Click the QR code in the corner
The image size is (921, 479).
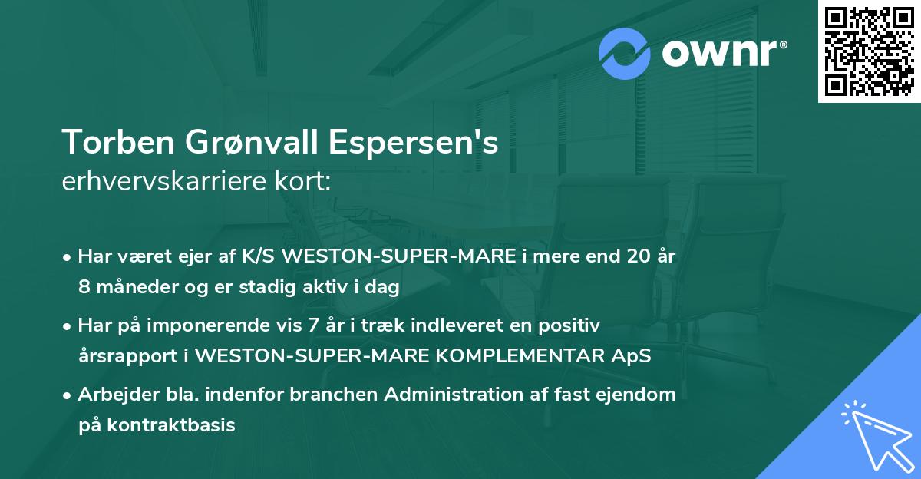click(x=870, y=51)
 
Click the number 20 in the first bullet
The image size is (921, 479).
click(x=632, y=256)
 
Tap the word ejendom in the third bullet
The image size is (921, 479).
click(x=640, y=395)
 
